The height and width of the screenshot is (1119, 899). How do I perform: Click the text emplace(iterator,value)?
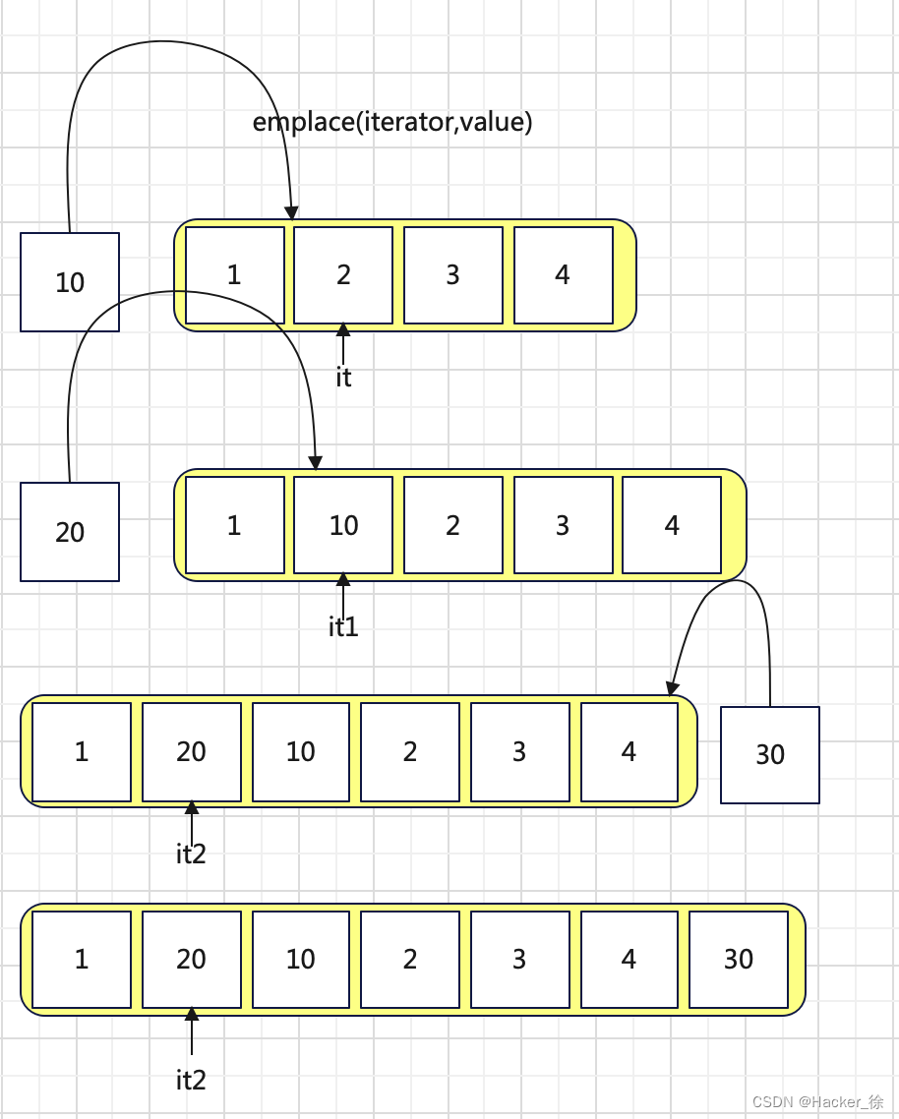tap(392, 122)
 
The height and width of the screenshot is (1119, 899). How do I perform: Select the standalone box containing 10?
tap(70, 282)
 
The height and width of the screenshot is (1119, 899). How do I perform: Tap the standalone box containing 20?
tap(70, 532)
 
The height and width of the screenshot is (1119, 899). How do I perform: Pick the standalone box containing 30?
tap(770, 754)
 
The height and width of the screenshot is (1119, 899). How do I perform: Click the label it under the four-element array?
tap(343, 377)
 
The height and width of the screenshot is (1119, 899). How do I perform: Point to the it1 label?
tap(343, 626)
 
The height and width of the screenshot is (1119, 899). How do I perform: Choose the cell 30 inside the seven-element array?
tap(739, 960)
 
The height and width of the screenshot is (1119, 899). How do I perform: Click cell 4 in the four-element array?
tap(563, 275)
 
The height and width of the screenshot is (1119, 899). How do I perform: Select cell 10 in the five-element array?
tap(343, 525)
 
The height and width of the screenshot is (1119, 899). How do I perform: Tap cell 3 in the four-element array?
tap(452, 275)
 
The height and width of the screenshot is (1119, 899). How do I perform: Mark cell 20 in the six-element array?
tap(191, 752)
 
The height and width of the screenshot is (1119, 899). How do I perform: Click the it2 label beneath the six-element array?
tap(191, 854)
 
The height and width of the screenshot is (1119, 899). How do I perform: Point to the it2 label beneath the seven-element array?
tap(191, 1080)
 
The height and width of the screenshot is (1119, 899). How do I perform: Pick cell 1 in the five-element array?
tap(234, 525)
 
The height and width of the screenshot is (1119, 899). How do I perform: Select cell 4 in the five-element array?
tap(672, 525)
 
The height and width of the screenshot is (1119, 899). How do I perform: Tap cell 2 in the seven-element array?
tap(410, 960)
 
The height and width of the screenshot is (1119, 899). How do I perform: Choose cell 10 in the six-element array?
tap(300, 752)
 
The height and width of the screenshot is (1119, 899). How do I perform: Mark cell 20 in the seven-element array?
tap(191, 960)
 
